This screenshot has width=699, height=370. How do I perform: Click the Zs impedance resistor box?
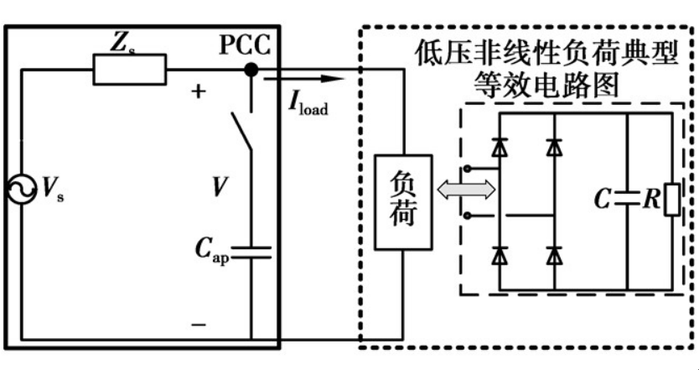tap(129, 70)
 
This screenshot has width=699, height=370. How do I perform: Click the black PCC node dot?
tap(251, 70)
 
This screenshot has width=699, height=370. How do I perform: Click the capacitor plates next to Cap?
tap(251, 252)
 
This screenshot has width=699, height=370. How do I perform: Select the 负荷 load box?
tap(403, 202)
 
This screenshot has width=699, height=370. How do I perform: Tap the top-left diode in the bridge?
tap(500, 148)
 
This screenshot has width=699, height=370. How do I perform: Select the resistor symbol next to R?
tap(670, 200)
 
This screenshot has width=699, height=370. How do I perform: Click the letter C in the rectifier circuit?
tap(602, 200)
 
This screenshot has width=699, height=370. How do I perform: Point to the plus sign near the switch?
tap(199, 91)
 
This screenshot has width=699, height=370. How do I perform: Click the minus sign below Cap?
tap(199, 322)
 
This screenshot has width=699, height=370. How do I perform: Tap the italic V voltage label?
tap(219, 188)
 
